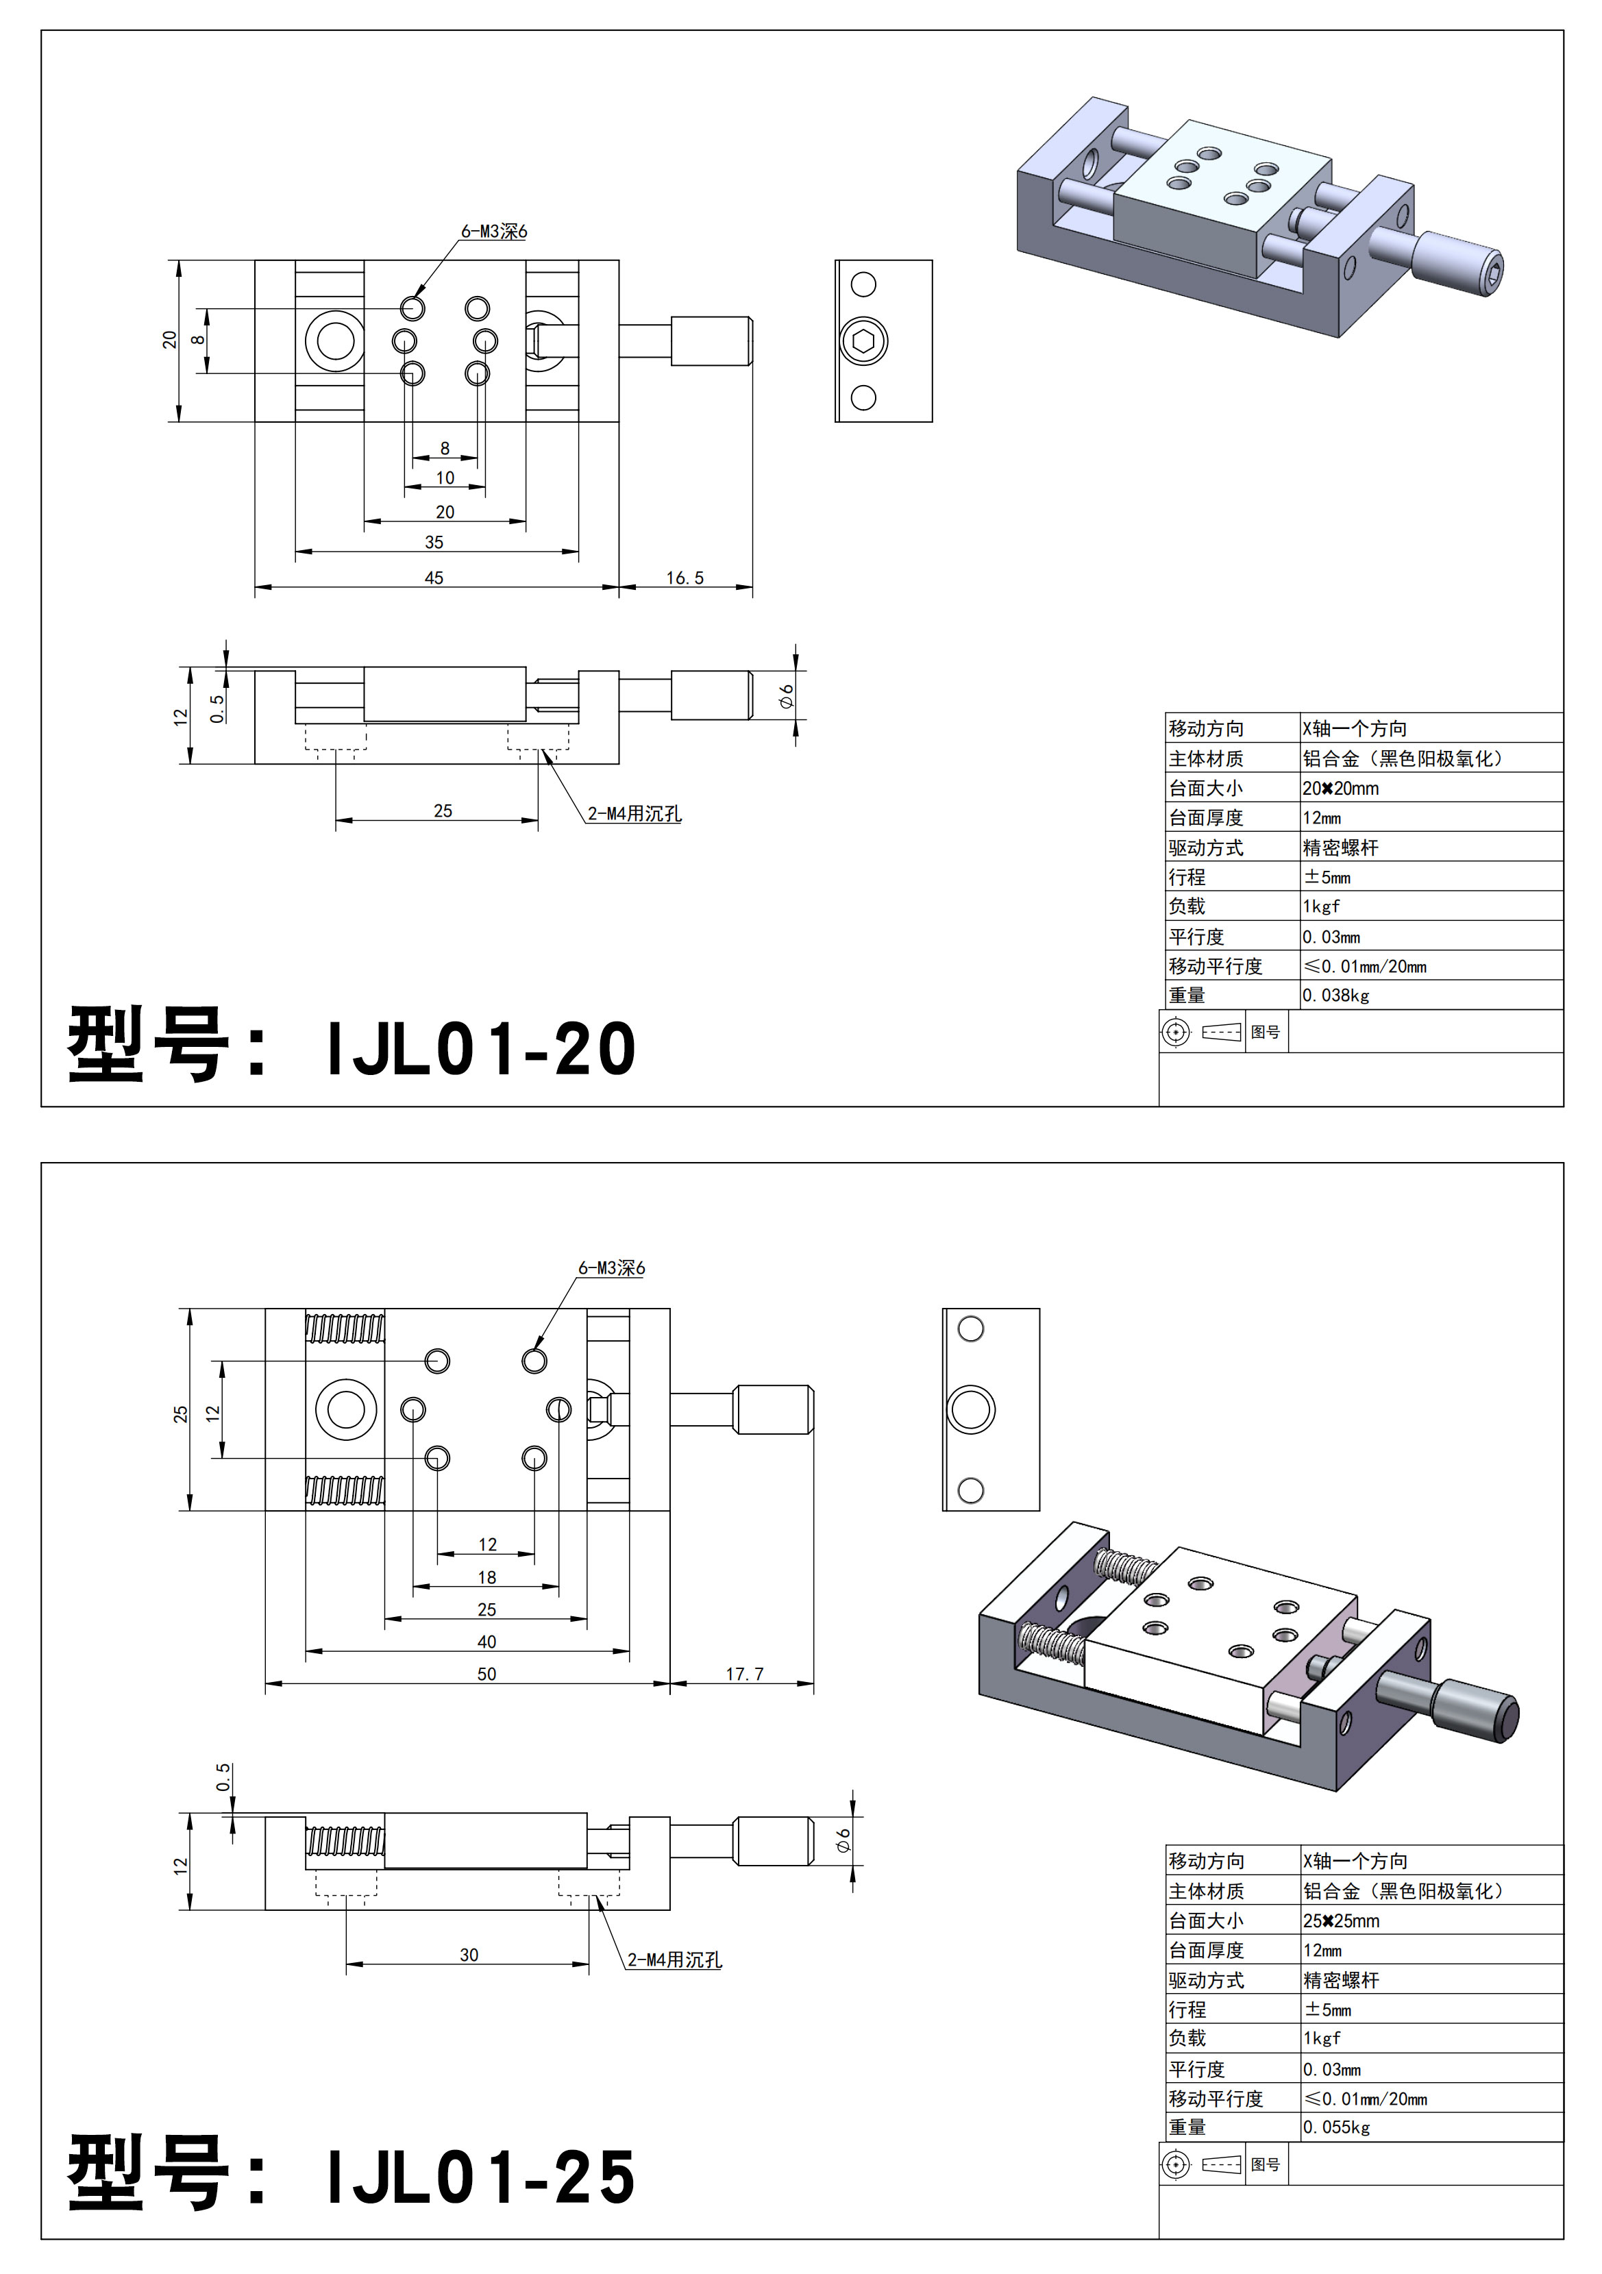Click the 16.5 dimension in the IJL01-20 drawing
click(x=685, y=578)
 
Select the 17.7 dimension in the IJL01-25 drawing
click(x=744, y=1674)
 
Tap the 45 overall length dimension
click(x=434, y=578)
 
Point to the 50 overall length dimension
click(x=486, y=1674)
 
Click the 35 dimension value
click(x=434, y=542)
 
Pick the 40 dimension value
click(x=486, y=1641)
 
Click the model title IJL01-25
click(x=480, y=2179)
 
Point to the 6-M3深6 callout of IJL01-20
click(x=493, y=232)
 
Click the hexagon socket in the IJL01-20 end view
click(x=863, y=341)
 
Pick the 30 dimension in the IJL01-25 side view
click(x=469, y=1954)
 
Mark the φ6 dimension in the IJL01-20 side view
click(x=787, y=695)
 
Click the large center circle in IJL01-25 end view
click(x=971, y=1409)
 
